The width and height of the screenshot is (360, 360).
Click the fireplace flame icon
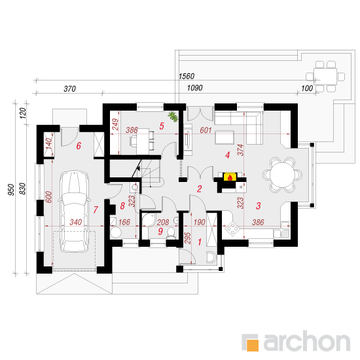pyautogui.click(x=230, y=177)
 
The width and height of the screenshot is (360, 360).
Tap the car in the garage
pyautogui.click(x=74, y=211)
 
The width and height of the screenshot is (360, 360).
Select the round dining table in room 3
pyautogui.click(x=282, y=175)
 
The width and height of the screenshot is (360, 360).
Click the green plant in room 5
pyautogui.click(x=173, y=117)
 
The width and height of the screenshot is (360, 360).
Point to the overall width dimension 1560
pyautogui.click(x=187, y=76)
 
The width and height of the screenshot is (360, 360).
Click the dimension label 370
pyautogui.click(x=70, y=88)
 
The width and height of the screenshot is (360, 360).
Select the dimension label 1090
pyautogui.click(x=194, y=88)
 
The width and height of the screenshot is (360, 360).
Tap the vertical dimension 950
pyautogui.click(x=11, y=190)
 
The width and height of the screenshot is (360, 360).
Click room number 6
pyautogui.click(x=79, y=145)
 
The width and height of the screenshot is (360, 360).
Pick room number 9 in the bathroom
pyautogui.click(x=160, y=231)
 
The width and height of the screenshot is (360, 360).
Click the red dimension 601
pyautogui.click(x=206, y=130)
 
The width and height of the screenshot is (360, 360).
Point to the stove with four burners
pyautogui.click(x=232, y=228)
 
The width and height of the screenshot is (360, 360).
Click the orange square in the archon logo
pyautogui.click(x=253, y=345)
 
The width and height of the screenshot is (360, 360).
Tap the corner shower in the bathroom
pyautogui.click(x=149, y=220)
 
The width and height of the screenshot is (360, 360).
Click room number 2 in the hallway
pyautogui.click(x=199, y=189)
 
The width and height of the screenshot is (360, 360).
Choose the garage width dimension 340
pyautogui.click(x=76, y=222)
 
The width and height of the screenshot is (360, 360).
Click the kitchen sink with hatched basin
pyautogui.click(x=285, y=234)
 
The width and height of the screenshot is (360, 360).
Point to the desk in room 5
pyautogui.click(x=143, y=141)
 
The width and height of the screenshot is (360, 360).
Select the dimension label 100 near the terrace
pyautogui.click(x=307, y=88)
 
